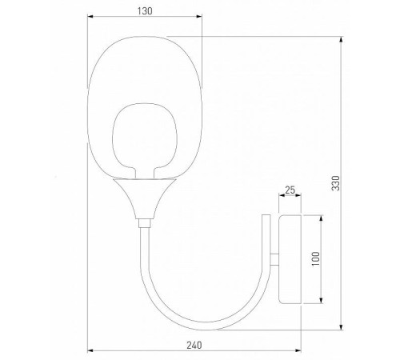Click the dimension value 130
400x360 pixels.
(x=145, y=11)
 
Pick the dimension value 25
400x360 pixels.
(x=290, y=190)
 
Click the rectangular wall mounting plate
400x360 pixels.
(x=289, y=258)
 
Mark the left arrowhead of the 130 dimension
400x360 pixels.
(x=90, y=18)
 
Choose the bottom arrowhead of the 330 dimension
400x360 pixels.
(x=342, y=328)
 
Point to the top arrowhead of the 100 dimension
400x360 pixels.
(x=322, y=216)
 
